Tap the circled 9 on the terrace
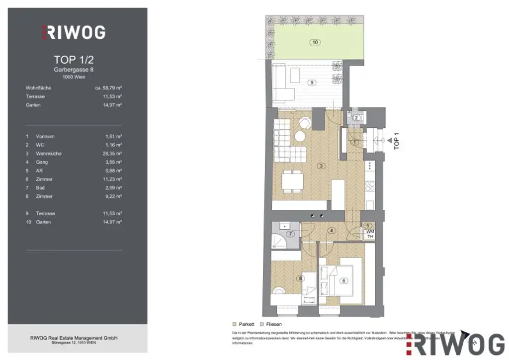pos(312,83)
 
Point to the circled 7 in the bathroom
pos(291,234)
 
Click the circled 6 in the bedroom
pos(343,280)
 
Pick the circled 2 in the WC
pos(356,118)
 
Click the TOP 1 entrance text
pos(396,141)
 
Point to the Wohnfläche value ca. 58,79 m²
pos(108,88)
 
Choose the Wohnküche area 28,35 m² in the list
pos(111,154)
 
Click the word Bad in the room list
pos(40,188)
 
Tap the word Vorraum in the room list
pos(45,136)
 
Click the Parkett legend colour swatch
pos(235,324)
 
